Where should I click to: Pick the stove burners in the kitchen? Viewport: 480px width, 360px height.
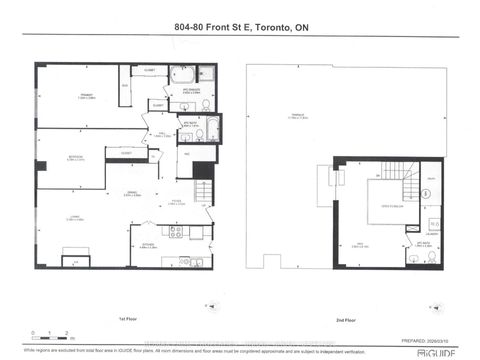[x=177, y=233]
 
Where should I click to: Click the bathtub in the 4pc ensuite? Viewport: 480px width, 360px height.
[x=182, y=76]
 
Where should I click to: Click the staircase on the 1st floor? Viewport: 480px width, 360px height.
[x=204, y=190]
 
